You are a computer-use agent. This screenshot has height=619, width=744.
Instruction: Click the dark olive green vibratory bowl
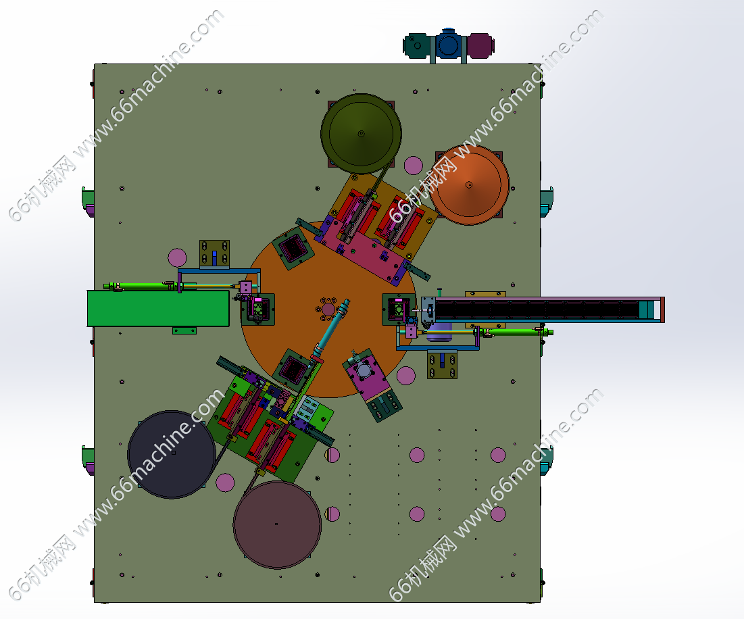361,134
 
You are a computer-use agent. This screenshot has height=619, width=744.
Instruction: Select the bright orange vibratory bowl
469,184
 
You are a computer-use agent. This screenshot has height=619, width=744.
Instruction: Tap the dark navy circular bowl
172,454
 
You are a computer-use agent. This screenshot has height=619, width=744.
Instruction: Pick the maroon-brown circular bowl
277,524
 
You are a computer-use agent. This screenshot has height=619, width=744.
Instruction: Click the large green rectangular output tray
158,308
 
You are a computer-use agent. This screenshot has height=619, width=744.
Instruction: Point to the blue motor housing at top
449,45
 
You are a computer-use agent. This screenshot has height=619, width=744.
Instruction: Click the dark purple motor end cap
480,45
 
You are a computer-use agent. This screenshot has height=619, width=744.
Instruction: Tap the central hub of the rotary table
328,309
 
